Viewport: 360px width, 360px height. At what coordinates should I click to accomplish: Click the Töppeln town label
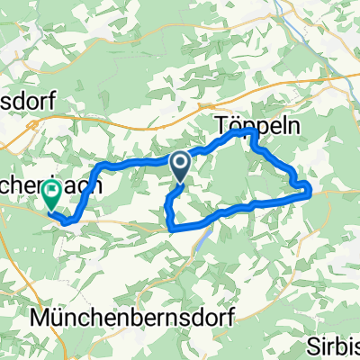(245, 125)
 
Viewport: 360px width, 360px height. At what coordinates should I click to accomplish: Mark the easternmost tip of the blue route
(310, 188)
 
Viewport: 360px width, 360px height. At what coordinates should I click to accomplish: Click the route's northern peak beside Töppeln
(249, 132)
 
